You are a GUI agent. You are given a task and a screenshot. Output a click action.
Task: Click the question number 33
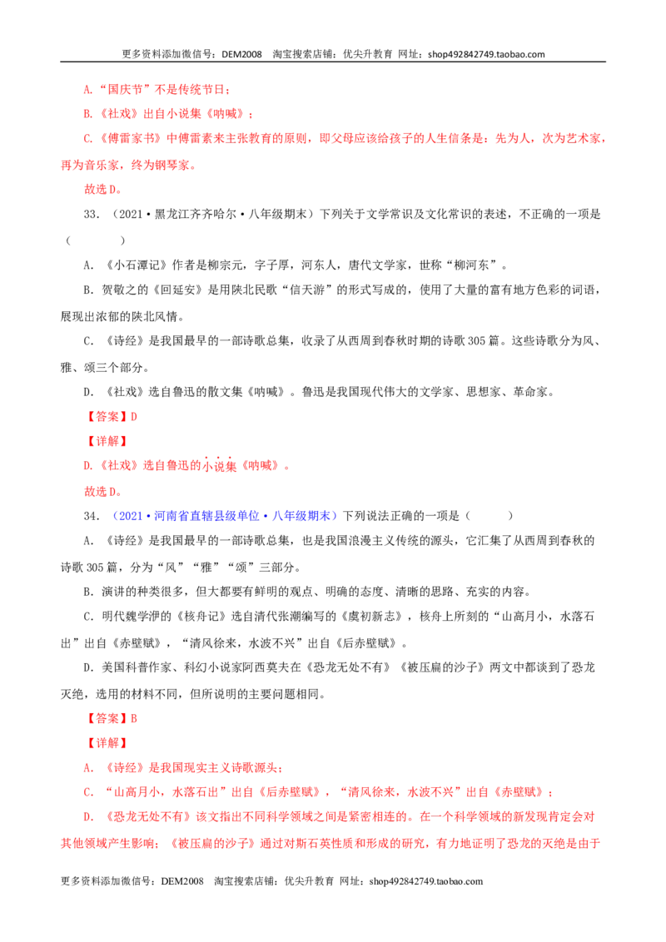pyautogui.click(x=92, y=215)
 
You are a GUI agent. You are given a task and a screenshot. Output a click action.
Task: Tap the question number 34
pyautogui.click(x=92, y=516)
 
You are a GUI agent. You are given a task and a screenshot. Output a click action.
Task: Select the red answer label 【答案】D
pyautogui.click(x=111, y=416)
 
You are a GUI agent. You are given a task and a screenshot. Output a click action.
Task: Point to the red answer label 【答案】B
pyautogui.click(x=111, y=718)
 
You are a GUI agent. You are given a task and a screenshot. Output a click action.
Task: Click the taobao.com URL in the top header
pyautogui.click(x=486, y=54)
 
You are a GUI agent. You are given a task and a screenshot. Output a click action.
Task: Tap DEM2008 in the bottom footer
pyautogui.click(x=182, y=881)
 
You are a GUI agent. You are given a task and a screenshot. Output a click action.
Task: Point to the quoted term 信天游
pyautogui.click(x=307, y=290)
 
